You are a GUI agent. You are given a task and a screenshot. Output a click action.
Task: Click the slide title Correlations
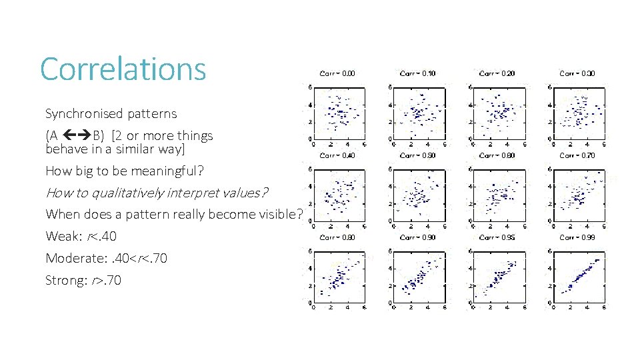tap(123, 69)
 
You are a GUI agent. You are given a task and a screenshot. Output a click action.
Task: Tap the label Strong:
tap(65, 280)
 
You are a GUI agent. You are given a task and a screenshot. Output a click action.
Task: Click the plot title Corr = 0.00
tap(337, 73)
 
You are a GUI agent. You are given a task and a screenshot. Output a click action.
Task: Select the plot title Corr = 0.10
tap(417, 73)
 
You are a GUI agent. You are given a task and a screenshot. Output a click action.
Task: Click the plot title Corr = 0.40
tap(337, 155)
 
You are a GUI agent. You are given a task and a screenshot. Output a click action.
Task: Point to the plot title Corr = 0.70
tap(577, 155)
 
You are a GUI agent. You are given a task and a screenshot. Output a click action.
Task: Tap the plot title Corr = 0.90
tap(417, 237)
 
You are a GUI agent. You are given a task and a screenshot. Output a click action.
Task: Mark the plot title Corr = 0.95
tap(497, 237)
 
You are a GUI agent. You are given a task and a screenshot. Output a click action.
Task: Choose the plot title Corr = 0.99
tap(577, 237)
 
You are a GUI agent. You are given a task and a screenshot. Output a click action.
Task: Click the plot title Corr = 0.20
tap(497, 73)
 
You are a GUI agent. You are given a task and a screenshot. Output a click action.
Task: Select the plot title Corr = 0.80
tap(337, 237)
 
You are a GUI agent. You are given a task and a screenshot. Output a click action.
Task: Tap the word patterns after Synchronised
tap(151, 113)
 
